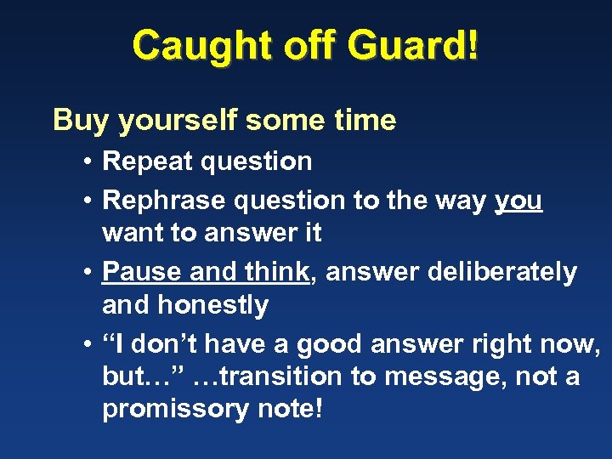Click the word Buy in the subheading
82,121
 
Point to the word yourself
178,121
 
